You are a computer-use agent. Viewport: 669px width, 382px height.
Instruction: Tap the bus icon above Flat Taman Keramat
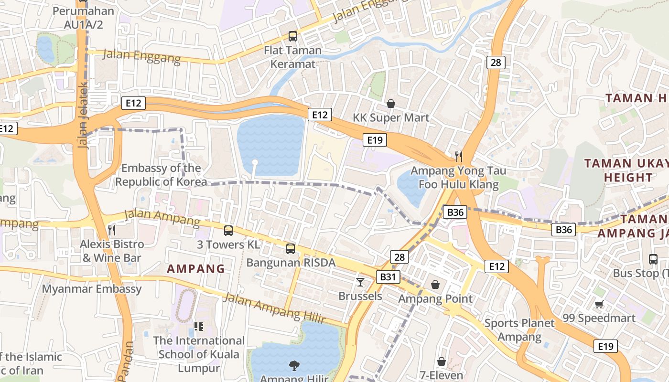292,36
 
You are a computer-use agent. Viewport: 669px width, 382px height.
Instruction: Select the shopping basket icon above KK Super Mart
391,104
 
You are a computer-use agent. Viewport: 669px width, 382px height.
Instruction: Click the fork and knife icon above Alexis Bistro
112,230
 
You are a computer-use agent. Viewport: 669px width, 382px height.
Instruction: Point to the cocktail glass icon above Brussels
360,282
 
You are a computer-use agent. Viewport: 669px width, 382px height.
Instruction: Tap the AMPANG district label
196,269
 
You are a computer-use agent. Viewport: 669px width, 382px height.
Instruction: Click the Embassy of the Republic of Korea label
161,175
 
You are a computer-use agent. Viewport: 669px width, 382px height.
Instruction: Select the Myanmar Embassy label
92,289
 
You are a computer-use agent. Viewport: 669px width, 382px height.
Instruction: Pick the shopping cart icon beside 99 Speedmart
599,304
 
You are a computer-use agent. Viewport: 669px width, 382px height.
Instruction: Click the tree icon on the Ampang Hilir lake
294,366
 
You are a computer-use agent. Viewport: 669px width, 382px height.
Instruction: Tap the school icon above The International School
199,327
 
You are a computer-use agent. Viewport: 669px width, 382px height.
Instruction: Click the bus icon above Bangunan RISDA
291,249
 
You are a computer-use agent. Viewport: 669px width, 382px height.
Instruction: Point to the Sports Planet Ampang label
519,330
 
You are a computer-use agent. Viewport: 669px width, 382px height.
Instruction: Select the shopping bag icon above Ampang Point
436,285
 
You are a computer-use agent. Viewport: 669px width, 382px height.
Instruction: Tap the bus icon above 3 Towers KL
228,231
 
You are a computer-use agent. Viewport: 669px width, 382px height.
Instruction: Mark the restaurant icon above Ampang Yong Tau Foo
459,156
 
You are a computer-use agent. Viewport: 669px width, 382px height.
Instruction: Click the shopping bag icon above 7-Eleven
442,361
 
